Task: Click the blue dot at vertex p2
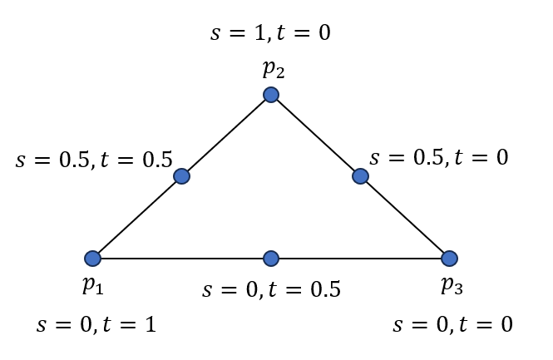coord(270,95)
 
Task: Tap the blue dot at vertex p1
coord(92,259)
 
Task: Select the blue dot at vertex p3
coord(449,259)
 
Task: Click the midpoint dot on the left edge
coord(181,176)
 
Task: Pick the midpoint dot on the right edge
coord(360,176)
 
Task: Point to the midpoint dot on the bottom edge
coord(271,259)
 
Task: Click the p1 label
coord(93,287)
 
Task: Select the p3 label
coord(452,287)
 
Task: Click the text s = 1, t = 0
coord(271,33)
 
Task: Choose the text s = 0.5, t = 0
coord(439,157)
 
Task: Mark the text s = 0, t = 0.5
coord(272,290)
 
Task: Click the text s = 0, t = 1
coord(96,324)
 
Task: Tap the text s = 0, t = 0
coord(452,324)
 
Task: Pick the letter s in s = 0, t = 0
coord(397,325)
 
